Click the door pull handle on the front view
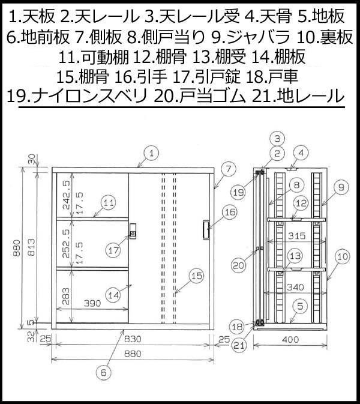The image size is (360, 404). (206, 230)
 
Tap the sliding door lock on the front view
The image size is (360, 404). (133, 231)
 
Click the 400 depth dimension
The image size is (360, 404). (290, 339)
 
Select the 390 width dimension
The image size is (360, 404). (92, 303)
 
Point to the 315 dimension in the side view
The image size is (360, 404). (296, 236)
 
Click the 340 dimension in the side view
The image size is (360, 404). (295, 287)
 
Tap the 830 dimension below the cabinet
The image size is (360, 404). (133, 339)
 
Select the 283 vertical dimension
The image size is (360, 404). (66, 297)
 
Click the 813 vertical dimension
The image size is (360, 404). (31, 247)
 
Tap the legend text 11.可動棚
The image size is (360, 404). (94, 57)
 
